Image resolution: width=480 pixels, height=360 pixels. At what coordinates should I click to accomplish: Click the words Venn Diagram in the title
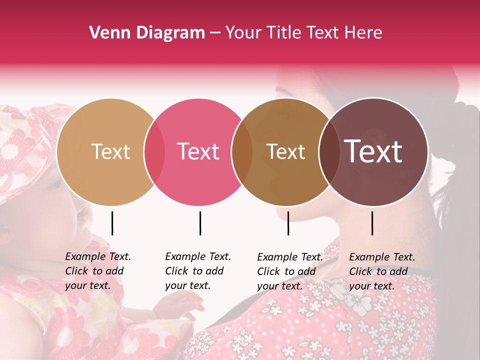pos(147,33)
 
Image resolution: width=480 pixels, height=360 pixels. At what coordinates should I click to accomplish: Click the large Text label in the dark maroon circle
pos(373,151)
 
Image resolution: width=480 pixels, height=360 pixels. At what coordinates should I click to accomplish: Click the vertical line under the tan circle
pos(112,223)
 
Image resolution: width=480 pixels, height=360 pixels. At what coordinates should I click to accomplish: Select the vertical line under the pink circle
pos(200,223)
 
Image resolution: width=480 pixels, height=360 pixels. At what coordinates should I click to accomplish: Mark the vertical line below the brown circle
pos(288,223)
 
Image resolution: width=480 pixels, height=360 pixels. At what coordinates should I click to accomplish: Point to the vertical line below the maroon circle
pos(372,223)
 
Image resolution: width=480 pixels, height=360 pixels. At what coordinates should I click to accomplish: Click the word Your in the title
pos(243,33)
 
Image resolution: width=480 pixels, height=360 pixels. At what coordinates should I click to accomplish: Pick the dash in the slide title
pos(215,33)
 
